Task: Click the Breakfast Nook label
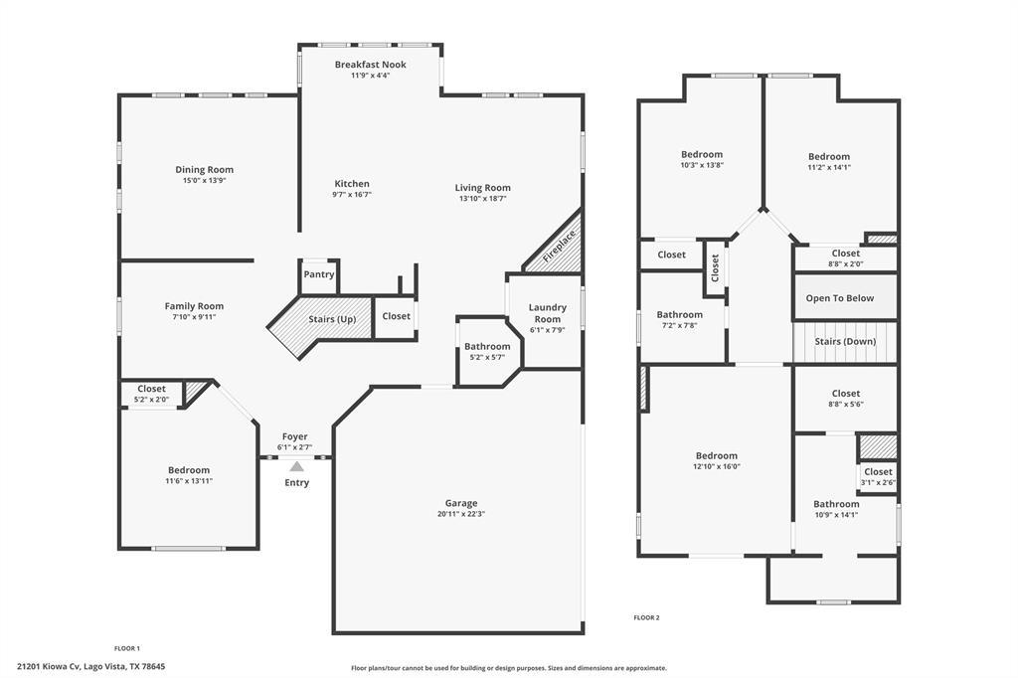(x=370, y=65)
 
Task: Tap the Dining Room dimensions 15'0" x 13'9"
(x=205, y=181)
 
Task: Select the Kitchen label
(x=352, y=184)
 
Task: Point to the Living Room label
(x=483, y=188)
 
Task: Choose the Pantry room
(x=319, y=275)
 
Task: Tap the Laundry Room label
(x=547, y=313)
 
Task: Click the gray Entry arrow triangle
(x=296, y=465)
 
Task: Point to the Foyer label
(x=294, y=436)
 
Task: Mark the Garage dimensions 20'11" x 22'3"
(x=461, y=515)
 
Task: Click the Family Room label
(x=194, y=306)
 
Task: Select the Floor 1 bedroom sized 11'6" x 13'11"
(x=189, y=475)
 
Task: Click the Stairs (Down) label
(x=846, y=342)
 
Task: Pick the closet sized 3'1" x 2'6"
(x=878, y=476)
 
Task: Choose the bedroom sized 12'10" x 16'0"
(x=716, y=460)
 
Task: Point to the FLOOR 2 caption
(x=646, y=618)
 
